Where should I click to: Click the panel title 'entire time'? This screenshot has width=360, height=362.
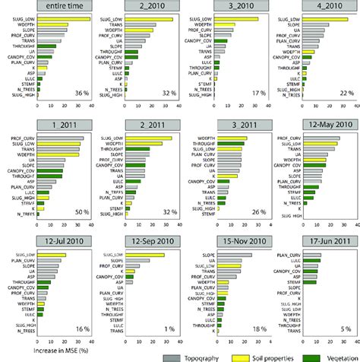click(x=56, y=7)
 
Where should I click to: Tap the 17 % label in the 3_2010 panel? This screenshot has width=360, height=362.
click(x=251, y=92)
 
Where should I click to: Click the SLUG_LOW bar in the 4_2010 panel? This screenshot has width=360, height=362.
click(x=322, y=19)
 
